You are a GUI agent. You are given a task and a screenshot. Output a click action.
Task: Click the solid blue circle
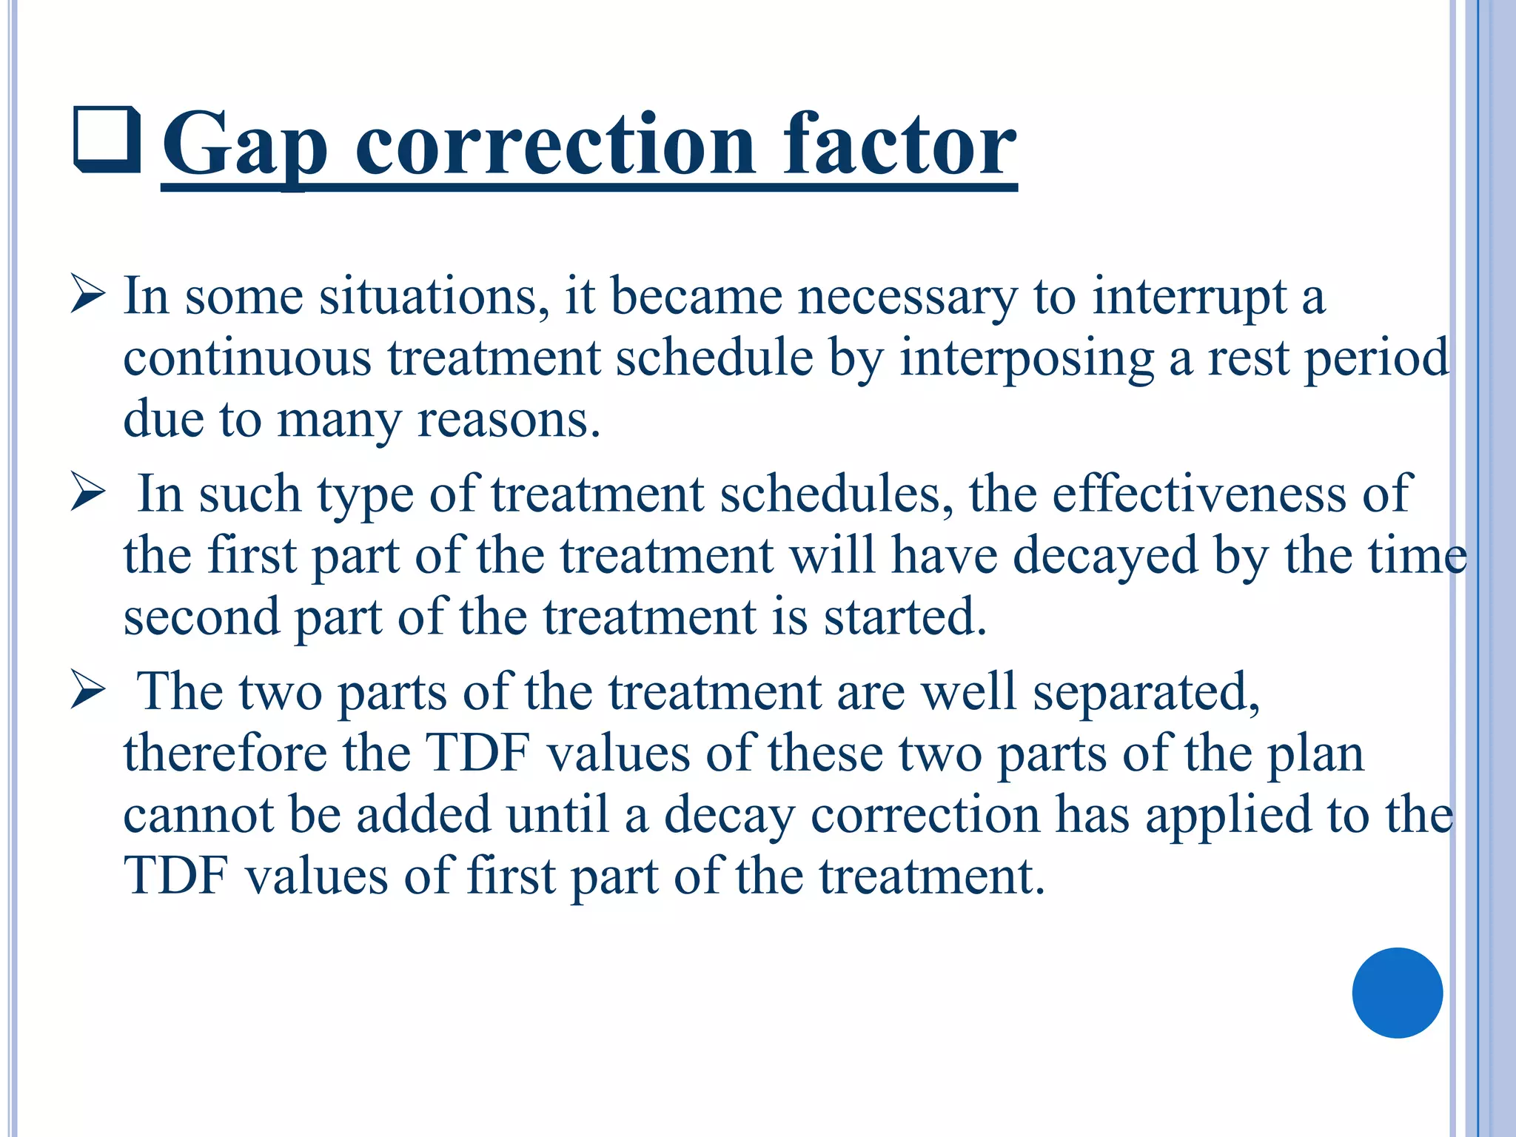coord(1397,993)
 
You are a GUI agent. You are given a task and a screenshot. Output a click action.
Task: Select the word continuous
coord(247,358)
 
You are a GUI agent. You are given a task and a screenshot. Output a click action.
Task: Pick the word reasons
coord(509,420)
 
